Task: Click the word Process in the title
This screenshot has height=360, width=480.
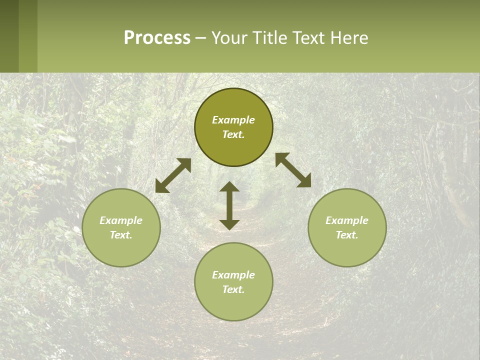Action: [x=157, y=37]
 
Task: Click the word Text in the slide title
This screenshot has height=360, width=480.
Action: [x=309, y=37]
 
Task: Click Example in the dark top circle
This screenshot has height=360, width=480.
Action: [x=233, y=120]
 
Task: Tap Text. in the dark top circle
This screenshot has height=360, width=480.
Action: [x=233, y=134]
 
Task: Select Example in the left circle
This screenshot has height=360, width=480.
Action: [x=121, y=220]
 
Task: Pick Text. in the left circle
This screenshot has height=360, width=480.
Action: [x=121, y=235]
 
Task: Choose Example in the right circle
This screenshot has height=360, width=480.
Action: [x=347, y=220]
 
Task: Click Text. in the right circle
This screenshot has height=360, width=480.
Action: [x=347, y=235]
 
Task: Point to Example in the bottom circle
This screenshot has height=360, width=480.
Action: [x=233, y=275]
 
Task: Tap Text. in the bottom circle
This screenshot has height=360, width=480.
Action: [x=233, y=289]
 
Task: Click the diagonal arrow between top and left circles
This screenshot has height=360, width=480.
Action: [x=173, y=175]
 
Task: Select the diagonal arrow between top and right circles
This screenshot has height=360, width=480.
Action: [x=293, y=170]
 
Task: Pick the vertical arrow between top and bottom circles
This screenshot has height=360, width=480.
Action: [x=229, y=205]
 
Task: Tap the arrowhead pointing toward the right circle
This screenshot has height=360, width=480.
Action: [x=304, y=181]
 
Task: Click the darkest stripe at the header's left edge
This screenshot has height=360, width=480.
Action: [x=9, y=36]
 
